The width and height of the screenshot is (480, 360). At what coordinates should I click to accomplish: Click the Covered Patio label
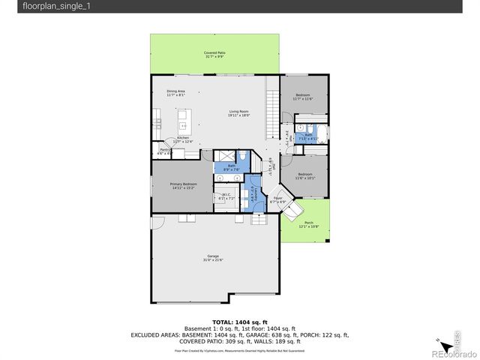[214, 55]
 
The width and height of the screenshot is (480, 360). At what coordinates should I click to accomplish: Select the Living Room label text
[239, 113]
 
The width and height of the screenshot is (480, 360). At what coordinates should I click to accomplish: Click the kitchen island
[182, 121]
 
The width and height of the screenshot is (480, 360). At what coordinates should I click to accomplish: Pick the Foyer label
[277, 200]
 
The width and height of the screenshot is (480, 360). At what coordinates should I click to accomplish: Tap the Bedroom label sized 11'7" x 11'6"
[302, 97]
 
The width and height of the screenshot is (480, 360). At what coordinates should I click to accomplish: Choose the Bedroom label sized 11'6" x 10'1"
[305, 175]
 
